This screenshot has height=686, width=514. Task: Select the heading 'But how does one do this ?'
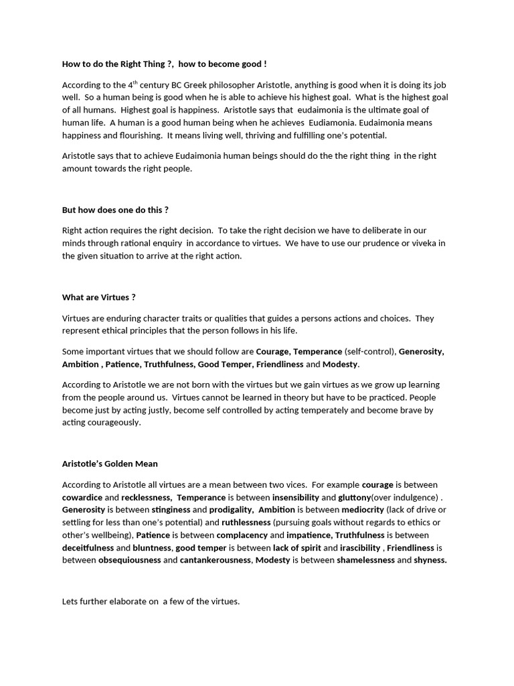point(115,210)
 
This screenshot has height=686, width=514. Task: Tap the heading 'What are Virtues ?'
point(99,297)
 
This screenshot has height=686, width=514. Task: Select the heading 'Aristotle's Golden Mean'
point(110,464)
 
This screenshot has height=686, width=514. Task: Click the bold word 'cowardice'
point(82,497)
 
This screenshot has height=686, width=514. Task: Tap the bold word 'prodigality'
point(231,510)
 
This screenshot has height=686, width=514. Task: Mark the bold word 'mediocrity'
point(357,510)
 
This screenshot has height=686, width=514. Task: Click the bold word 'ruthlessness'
point(246,523)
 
